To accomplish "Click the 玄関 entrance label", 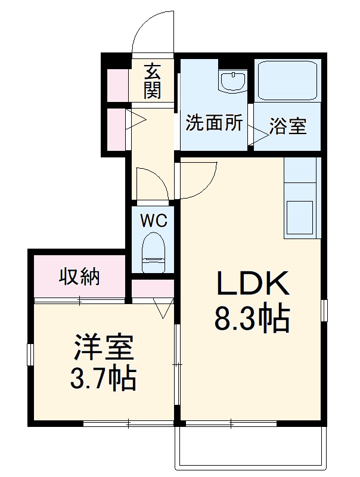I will [152, 81].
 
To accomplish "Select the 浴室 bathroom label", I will [288, 126].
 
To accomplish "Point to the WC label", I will [153, 221].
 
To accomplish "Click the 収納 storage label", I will [79, 277].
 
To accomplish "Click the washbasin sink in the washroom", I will [232, 81].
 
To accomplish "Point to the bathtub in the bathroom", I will [288, 80].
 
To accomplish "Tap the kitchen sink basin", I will [300, 218].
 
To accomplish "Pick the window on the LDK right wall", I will [324, 310].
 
